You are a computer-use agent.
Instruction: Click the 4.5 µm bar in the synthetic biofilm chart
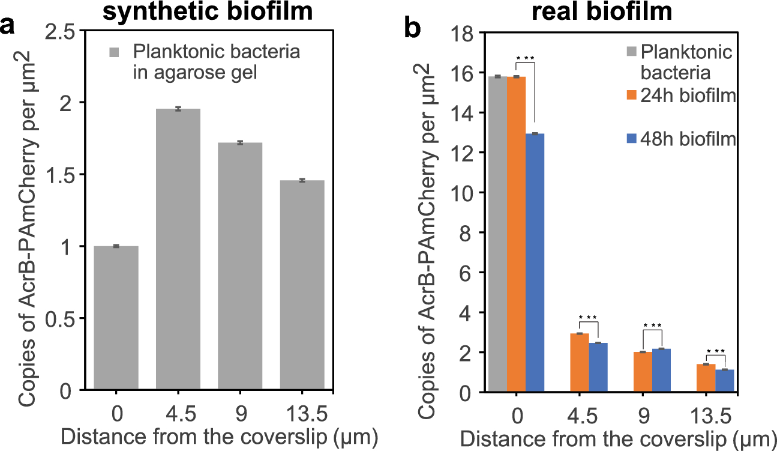click(x=178, y=250)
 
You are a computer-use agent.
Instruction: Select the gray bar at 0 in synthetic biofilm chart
click(x=116, y=318)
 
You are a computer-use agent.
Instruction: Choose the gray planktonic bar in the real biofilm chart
click(x=497, y=234)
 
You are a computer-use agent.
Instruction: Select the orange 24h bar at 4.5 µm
click(x=579, y=363)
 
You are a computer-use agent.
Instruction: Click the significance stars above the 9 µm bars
click(x=652, y=326)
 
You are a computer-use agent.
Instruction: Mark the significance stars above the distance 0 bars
click(x=525, y=58)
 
